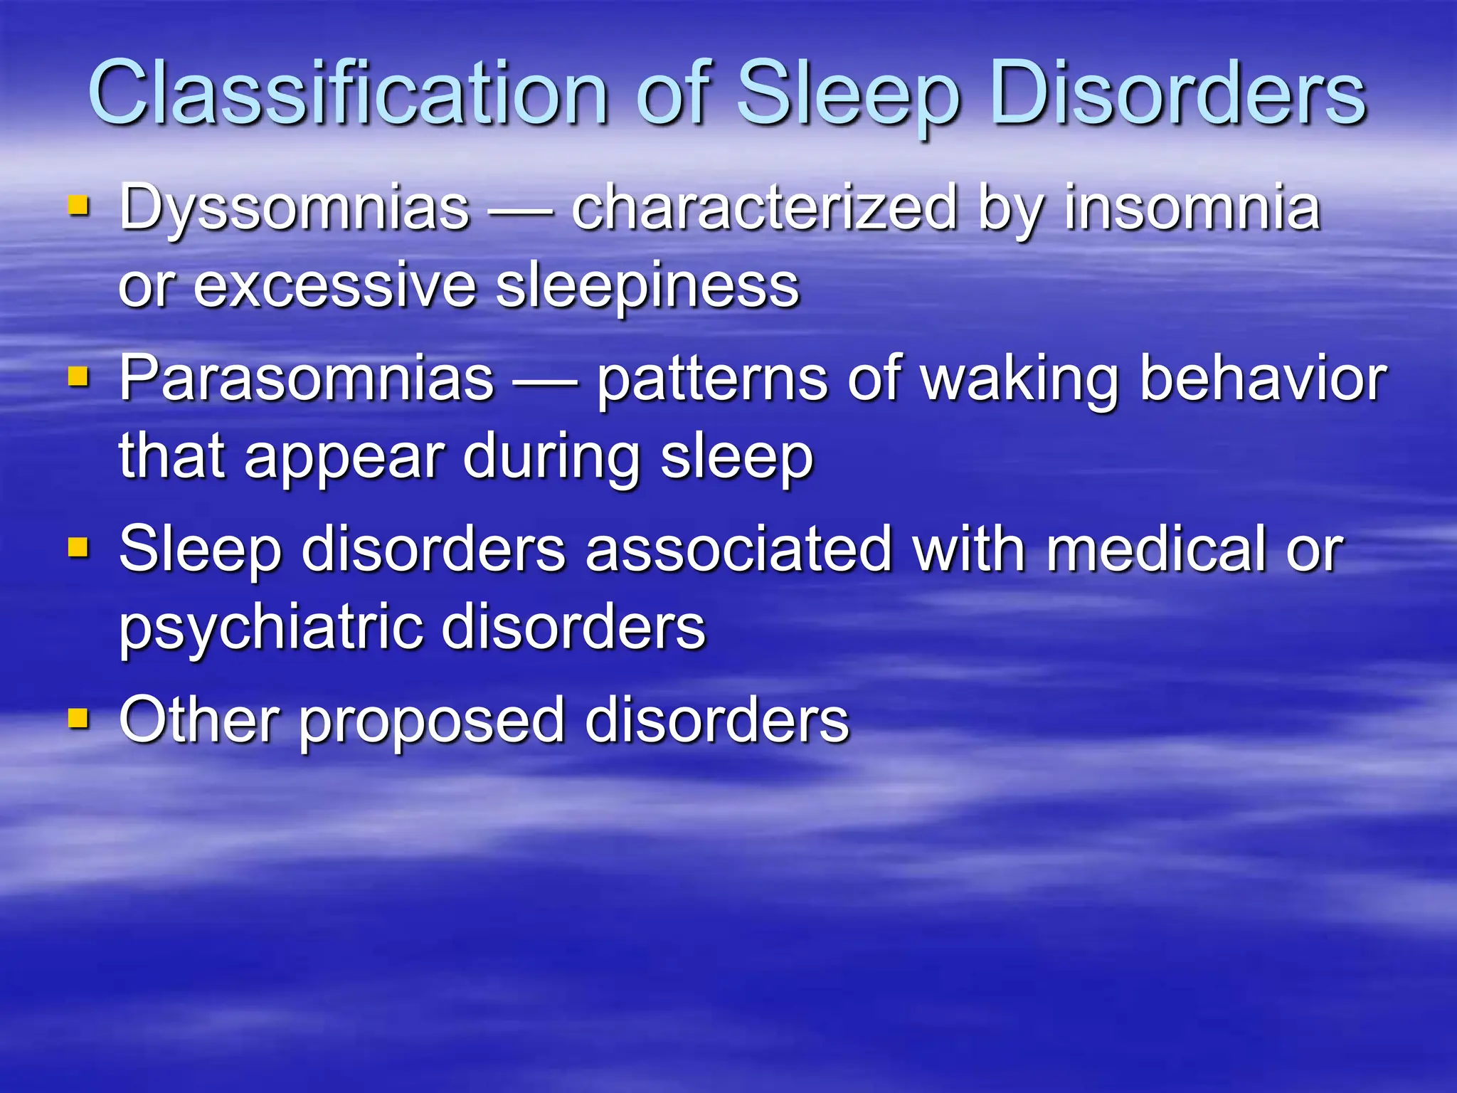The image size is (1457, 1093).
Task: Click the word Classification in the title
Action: (x=348, y=93)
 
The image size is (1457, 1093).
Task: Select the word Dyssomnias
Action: (x=294, y=208)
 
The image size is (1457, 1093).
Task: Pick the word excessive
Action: (x=334, y=286)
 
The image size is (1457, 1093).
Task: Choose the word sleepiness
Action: (x=647, y=286)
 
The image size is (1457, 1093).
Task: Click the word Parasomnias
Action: (x=306, y=379)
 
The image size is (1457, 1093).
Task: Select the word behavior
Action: (x=1263, y=379)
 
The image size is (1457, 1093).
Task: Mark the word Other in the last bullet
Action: (x=198, y=719)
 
